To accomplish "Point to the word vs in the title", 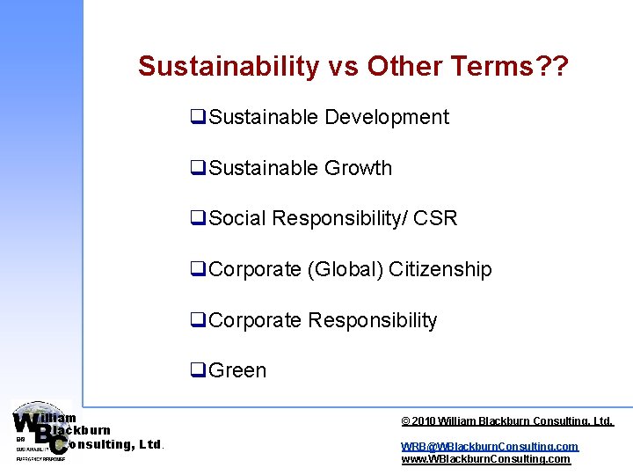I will (344, 67).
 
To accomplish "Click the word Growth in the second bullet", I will (358, 168).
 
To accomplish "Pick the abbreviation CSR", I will (435, 218).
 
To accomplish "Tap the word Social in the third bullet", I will (237, 218).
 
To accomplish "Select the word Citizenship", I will (440, 269).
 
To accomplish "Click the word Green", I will (237, 370).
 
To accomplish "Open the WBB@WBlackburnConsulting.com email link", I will (490, 447).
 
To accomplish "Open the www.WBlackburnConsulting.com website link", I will (485, 459).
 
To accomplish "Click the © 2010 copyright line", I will (506, 422).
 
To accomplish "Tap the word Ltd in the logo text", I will (150, 445).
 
